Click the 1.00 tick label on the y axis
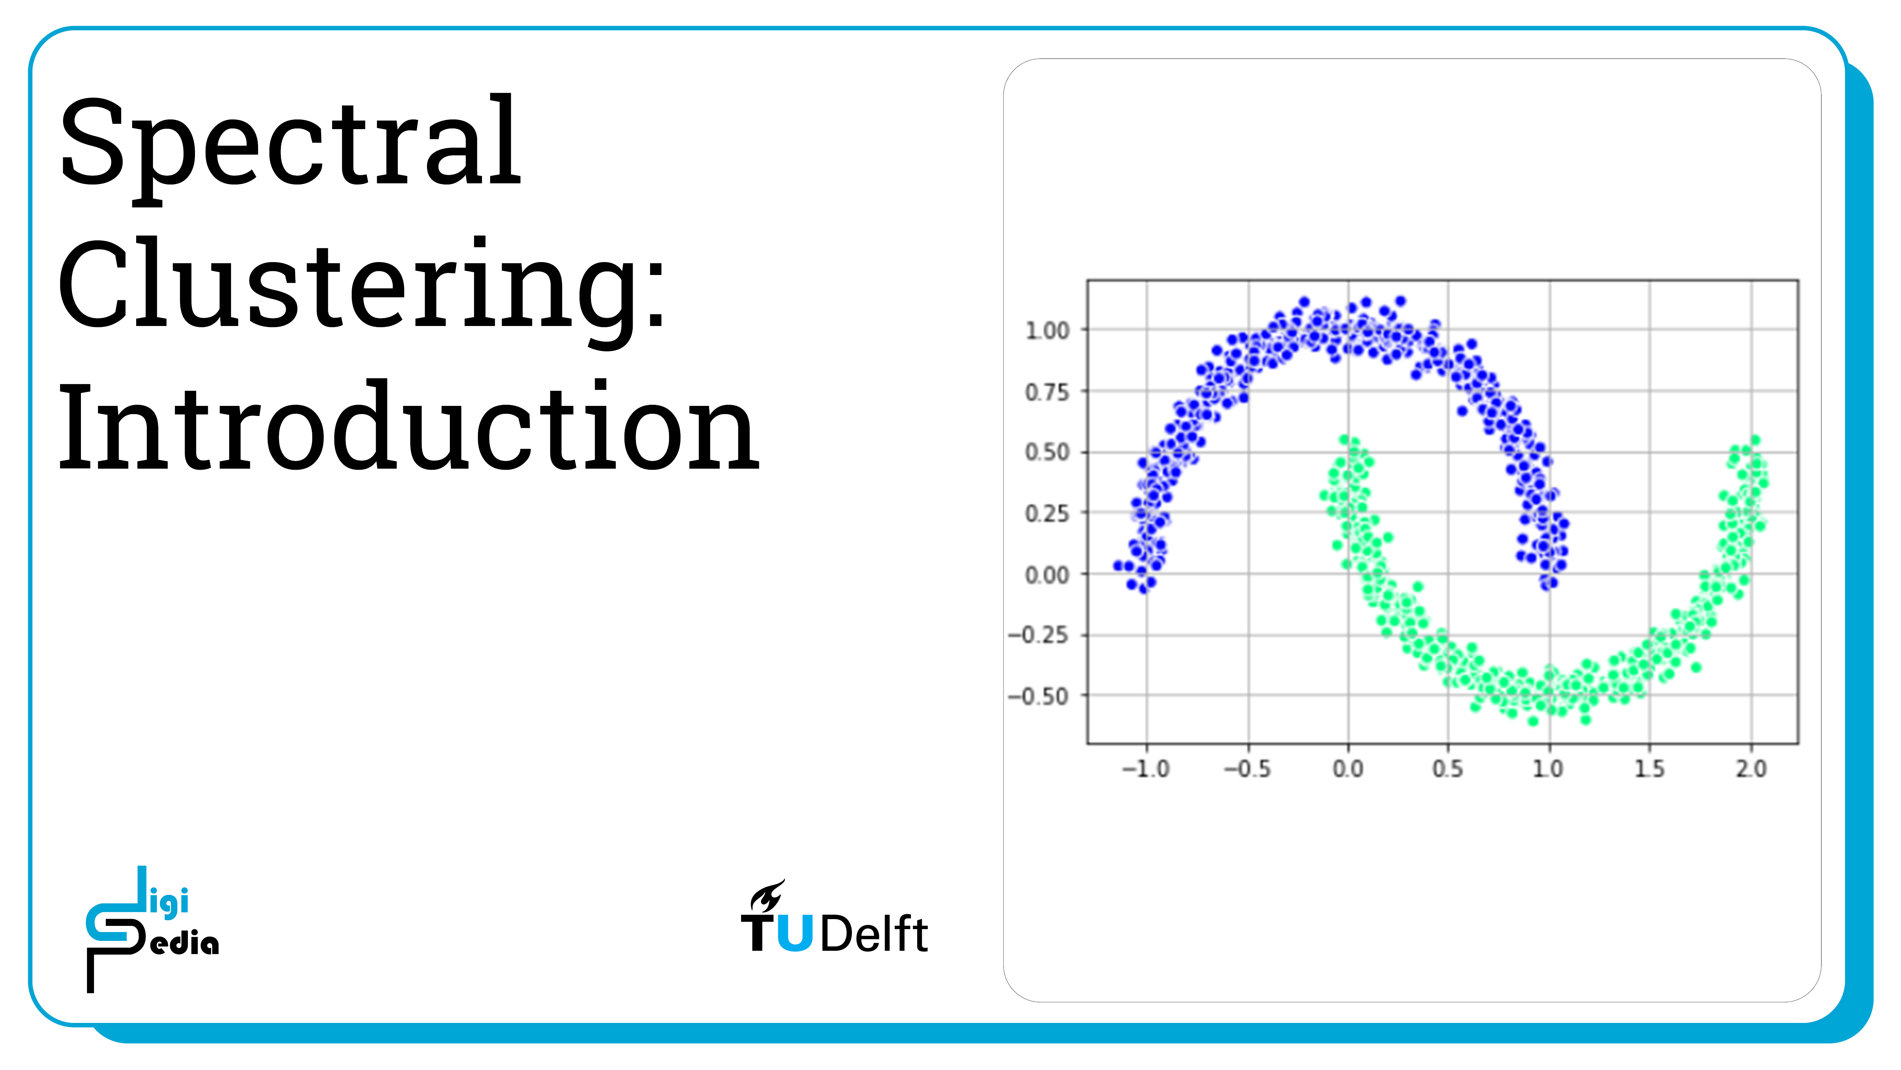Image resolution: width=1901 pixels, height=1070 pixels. click(1047, 331)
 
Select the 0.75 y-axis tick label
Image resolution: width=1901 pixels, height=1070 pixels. click(1047, 392)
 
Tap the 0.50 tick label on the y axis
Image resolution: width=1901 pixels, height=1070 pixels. click(1047, 453)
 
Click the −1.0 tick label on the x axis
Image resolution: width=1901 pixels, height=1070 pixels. click(1146, 769)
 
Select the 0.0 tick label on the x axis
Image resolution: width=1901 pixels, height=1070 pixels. click(1348, 769)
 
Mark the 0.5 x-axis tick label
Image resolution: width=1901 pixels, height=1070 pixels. click(1448, 769)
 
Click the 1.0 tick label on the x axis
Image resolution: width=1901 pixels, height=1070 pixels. click(1548, 769)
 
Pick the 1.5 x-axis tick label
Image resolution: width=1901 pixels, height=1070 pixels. click(1649, 769)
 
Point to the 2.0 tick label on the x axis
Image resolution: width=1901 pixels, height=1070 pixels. click(1751, 769)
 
